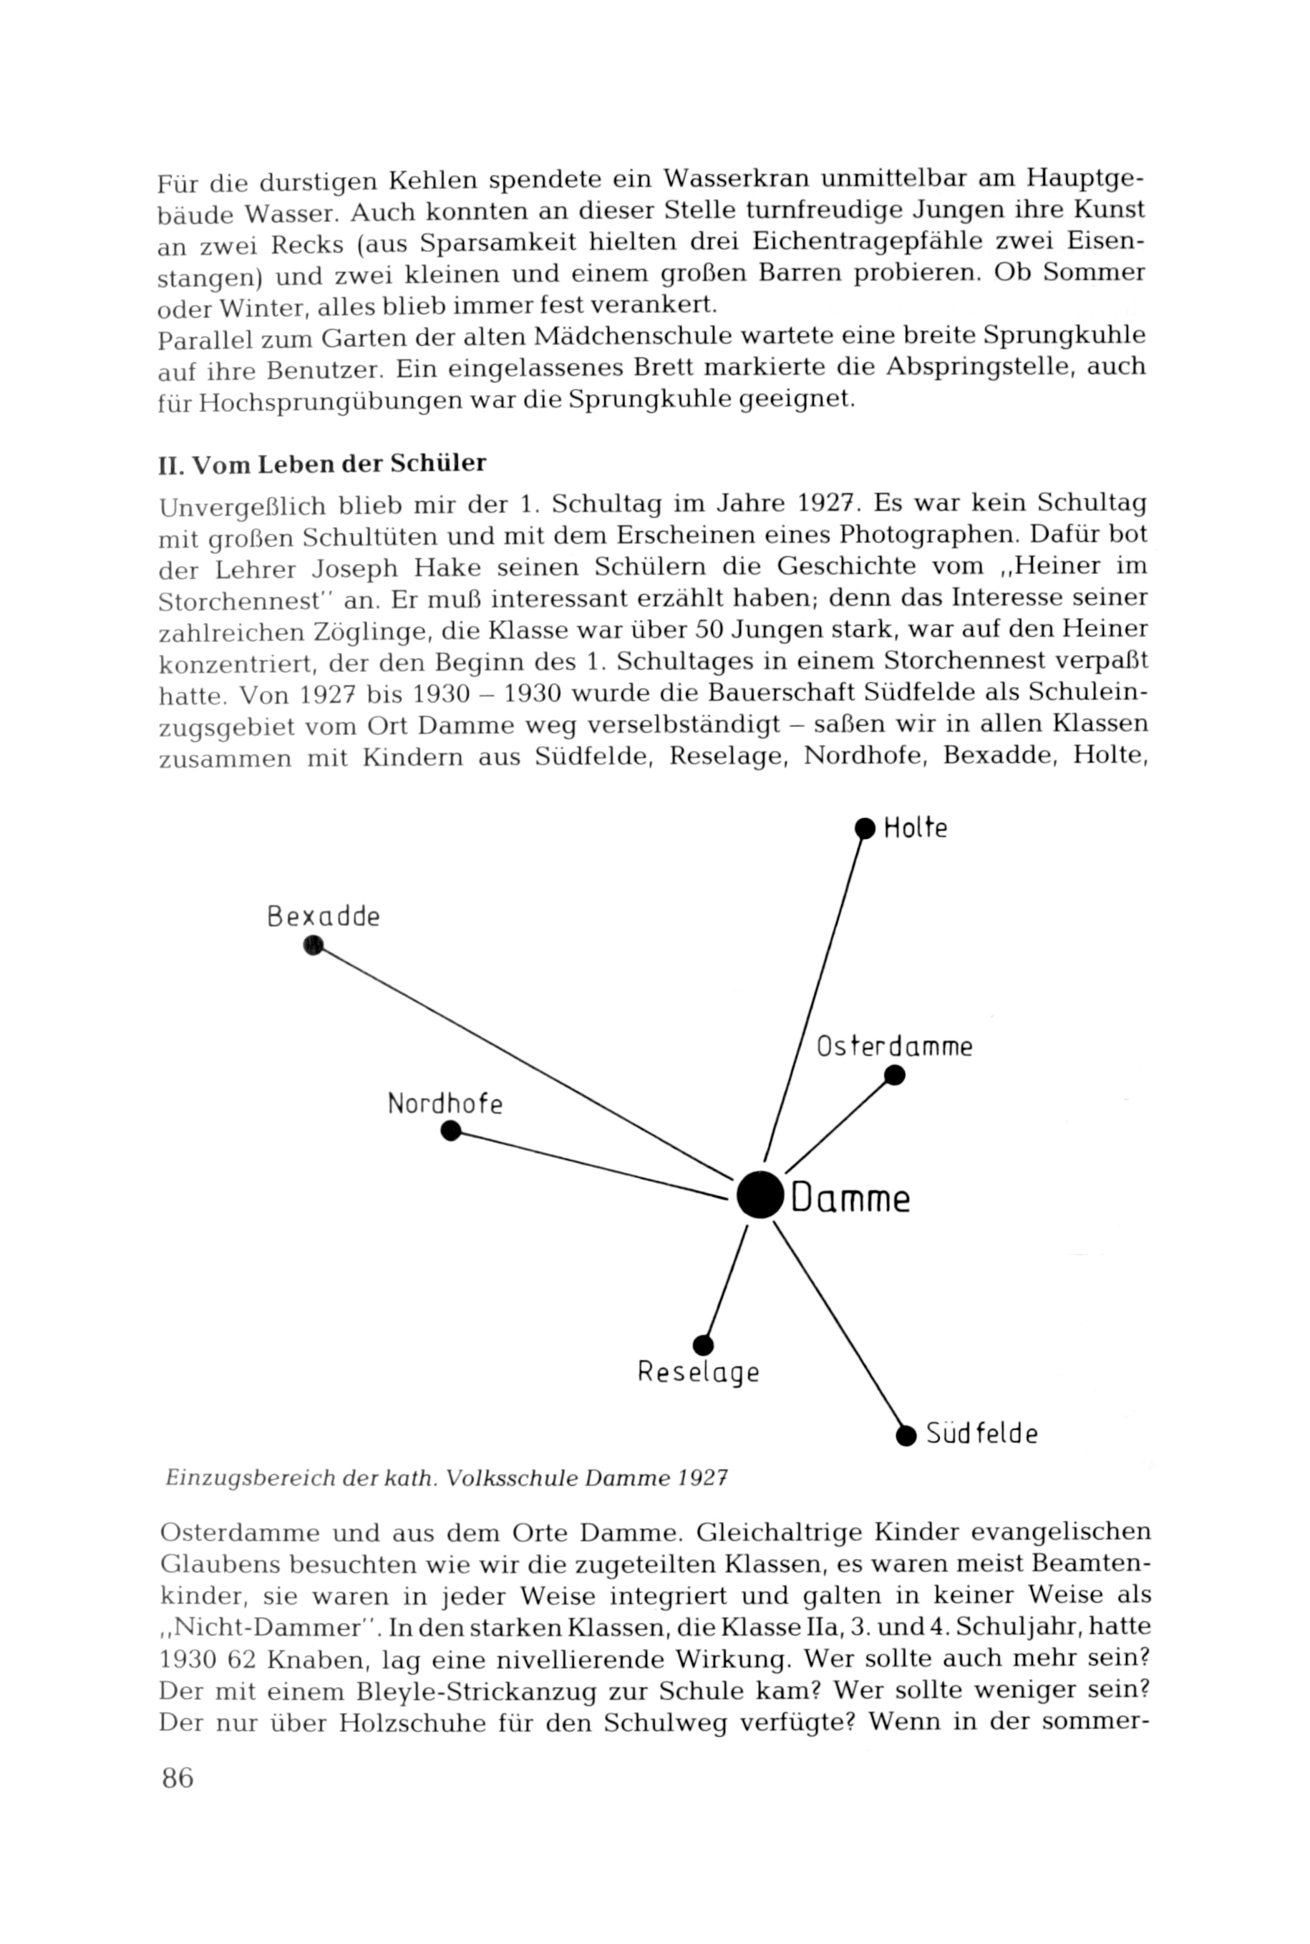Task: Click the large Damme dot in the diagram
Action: point(760,1195)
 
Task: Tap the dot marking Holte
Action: point(865,828)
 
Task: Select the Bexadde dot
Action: point(314,946)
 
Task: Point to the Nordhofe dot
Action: point(450,1130)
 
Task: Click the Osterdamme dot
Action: point(894,1075)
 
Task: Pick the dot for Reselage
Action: point(703,1345)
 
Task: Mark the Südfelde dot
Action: point(906,1436)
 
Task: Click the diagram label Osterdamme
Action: point(894,1046)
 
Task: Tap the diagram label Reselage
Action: point(699,1373)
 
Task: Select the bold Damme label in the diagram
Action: point(850,1198)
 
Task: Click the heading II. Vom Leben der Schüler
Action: point(322,464)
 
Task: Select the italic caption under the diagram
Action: point(447,1478)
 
